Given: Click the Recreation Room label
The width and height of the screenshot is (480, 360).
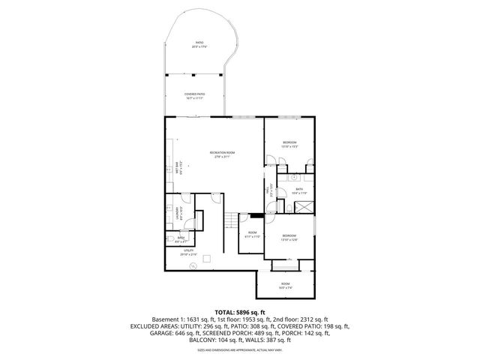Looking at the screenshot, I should click(215, 154).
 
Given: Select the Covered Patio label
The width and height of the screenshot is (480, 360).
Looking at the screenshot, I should click(195, 95).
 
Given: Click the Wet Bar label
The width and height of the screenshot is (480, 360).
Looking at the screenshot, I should click(177, 169).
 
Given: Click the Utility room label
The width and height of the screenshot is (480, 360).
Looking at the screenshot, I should click(188, 253).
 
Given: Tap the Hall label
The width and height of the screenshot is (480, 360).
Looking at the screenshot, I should click(267, 193).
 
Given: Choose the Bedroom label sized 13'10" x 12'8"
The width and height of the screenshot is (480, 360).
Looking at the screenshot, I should click(289, 238).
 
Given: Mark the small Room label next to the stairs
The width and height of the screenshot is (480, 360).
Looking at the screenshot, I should click(253, 235).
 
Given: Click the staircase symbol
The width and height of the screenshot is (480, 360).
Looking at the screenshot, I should click(230, 222).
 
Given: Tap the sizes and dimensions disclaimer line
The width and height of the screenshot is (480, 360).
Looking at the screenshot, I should click(239, 349).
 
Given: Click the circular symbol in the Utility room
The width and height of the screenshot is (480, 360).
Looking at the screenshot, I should click(193, 267).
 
